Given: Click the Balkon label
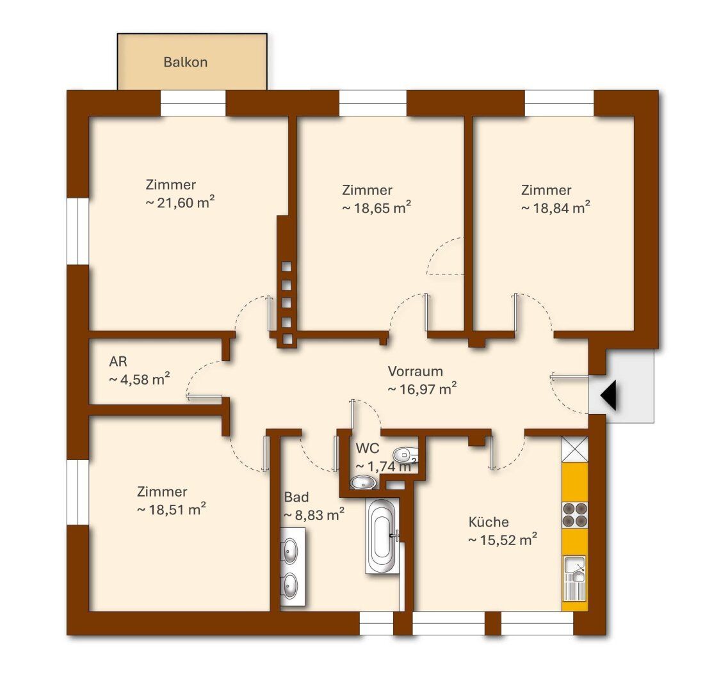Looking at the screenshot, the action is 185,62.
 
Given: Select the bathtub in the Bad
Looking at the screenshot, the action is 382,536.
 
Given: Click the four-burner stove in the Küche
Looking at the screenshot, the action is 575,515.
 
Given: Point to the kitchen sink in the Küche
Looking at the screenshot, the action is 575,578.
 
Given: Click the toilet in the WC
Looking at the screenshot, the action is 406,455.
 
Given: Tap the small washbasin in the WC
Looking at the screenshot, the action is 363,482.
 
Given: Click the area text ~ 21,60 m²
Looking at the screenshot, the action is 180,202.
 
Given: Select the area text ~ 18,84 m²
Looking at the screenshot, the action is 556,207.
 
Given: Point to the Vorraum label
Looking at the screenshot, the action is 416,372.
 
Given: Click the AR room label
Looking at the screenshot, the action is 118,361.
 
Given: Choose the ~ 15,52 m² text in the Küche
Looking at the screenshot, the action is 503,539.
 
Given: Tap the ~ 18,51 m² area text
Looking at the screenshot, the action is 172,509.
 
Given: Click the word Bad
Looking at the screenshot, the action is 296,497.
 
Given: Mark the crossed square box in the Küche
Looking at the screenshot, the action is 575,449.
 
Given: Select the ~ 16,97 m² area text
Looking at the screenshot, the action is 422,388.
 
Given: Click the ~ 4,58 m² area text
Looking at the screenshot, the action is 140,379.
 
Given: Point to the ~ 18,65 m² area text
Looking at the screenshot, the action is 377,207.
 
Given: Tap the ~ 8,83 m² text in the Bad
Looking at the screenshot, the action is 314,514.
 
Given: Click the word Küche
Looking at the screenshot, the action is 489,521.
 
